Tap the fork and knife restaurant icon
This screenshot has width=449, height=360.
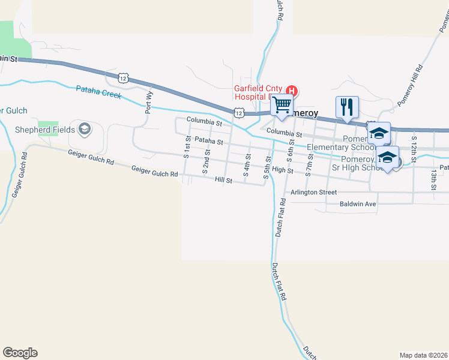pyautogui.click(x=347, y=107)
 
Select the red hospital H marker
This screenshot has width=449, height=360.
pyautogui.click(x=294, y=90)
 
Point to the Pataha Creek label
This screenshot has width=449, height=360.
pyautogui.click(x=98, y=92)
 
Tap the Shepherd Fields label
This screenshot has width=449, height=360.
pyautogui.click(x=53, y=130)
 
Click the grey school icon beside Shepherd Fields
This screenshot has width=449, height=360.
pyautogui.click(x=85, y=129)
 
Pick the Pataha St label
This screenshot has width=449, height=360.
pyautogui.click(x=209, y=142)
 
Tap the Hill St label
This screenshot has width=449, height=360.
pyautogui.click(x=224, y=179)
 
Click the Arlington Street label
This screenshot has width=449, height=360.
pyautogui.click(x=313, y=193)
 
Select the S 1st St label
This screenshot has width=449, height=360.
pyautogui.click(x=187, y=147)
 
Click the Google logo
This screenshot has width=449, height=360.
pyautogui.click(x=20, y=353)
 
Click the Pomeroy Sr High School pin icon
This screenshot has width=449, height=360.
pyautogui.click(x=388, y=158)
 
